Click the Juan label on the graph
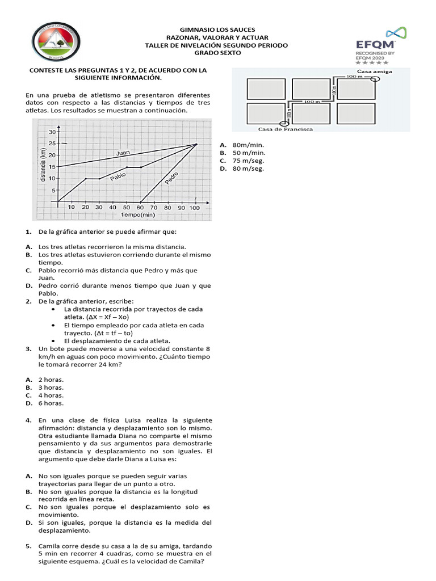(x=123, y=153)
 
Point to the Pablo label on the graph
(x=118, y=176)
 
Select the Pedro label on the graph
(x=171, y=178)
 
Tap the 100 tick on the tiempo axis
(x=195, y=208)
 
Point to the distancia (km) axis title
(x=43, y=164)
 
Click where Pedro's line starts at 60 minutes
(x=140, y=201)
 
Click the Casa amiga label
(x=374, y=71)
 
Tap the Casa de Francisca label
(x=286, y=129)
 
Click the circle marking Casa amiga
(x=374, y=79)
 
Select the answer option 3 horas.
(x=51, y=387)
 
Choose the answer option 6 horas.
(x=51, y=403)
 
